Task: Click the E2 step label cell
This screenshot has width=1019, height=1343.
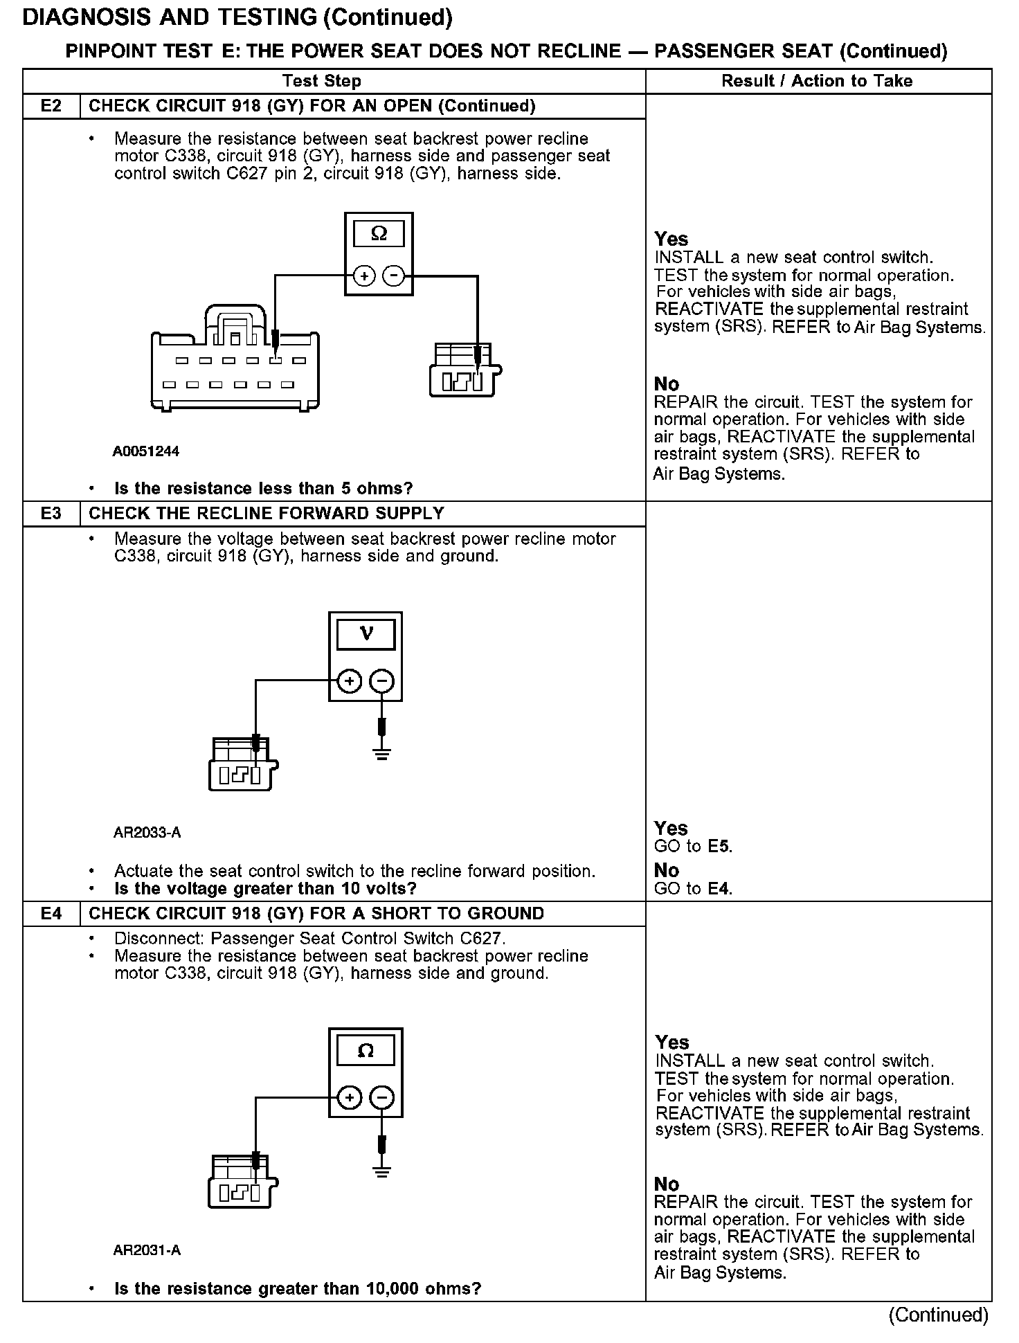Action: [51, 106]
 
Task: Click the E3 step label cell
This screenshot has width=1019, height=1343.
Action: [51, 514]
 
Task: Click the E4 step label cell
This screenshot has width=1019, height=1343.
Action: [51, 914]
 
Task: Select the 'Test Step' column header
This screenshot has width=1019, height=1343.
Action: [322, 81]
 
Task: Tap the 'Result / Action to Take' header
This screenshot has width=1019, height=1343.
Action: [817, 81]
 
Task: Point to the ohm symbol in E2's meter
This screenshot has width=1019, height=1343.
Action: [379, 234]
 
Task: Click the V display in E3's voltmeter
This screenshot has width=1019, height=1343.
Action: [366, 634]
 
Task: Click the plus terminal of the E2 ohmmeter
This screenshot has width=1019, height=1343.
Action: [364, 276]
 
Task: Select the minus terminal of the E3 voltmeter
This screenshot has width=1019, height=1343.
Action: [381, 681]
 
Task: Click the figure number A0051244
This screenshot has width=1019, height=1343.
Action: [146, 452]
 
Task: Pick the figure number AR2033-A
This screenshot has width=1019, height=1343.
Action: [147, 833]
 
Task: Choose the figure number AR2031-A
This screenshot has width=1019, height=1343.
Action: [147, 1250]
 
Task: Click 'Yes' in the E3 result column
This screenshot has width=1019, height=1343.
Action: [671, 829]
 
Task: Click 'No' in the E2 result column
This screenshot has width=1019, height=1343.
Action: [667, 384]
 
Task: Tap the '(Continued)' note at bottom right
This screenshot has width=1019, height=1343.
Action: [938, 1315]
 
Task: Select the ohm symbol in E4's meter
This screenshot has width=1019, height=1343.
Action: [366, 1052]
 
